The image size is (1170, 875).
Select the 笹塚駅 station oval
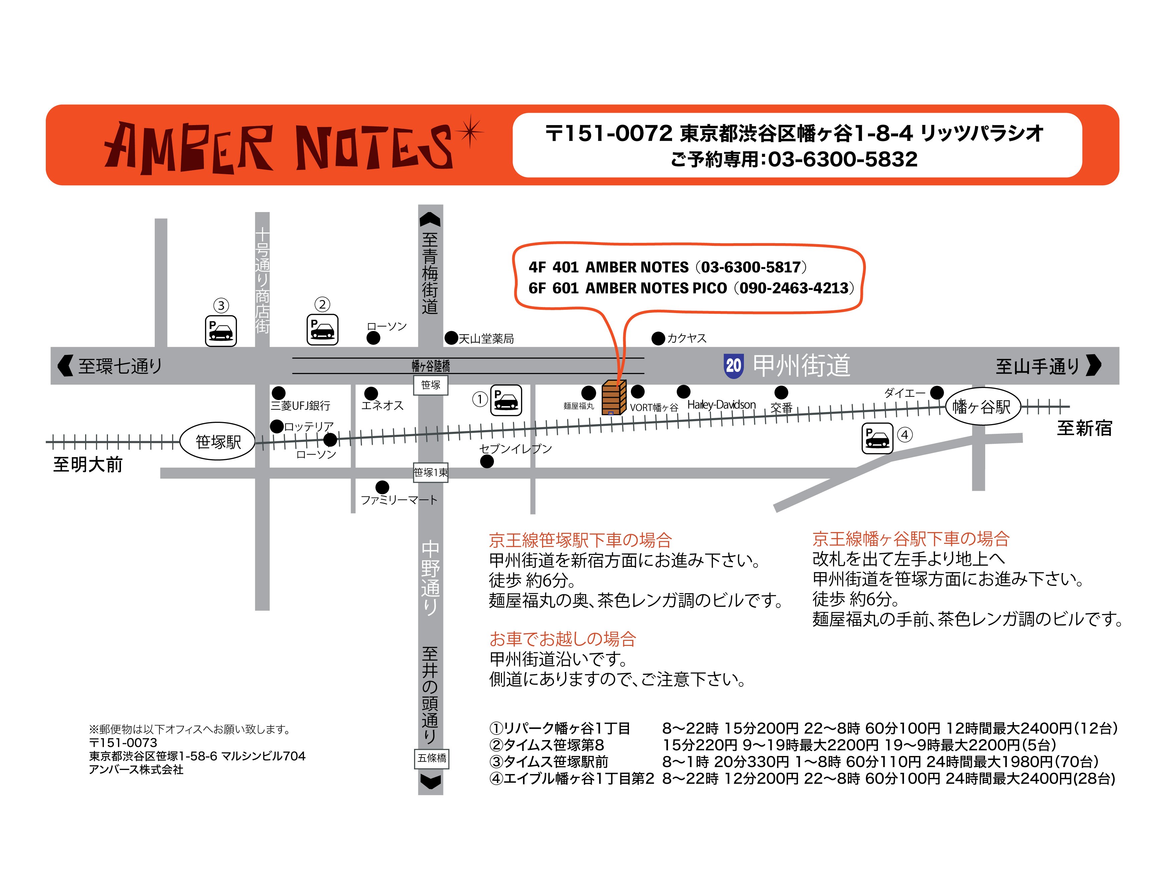pyautogui.click(x=218, y=442)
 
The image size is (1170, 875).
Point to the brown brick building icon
pyautogui.click(x=614, y=397)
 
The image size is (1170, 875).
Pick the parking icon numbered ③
pyautogui.click(x=221, y=331)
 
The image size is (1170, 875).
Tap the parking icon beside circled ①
pyautogui.click(x=506, y=400)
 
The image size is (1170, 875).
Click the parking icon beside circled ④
pyautogui.click(x=877, y=438)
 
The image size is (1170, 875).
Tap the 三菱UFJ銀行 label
pyautogui.click(x=300, y=405)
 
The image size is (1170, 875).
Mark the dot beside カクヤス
pyautogui.click(x=658, y=338)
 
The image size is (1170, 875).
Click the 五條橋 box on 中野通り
pyautogui.click(x=432, y=758)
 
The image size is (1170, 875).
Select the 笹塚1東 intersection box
pyautogui.click(x=430, y=472)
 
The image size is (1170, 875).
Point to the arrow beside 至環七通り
pyautogui.click(x=65, y=365)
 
